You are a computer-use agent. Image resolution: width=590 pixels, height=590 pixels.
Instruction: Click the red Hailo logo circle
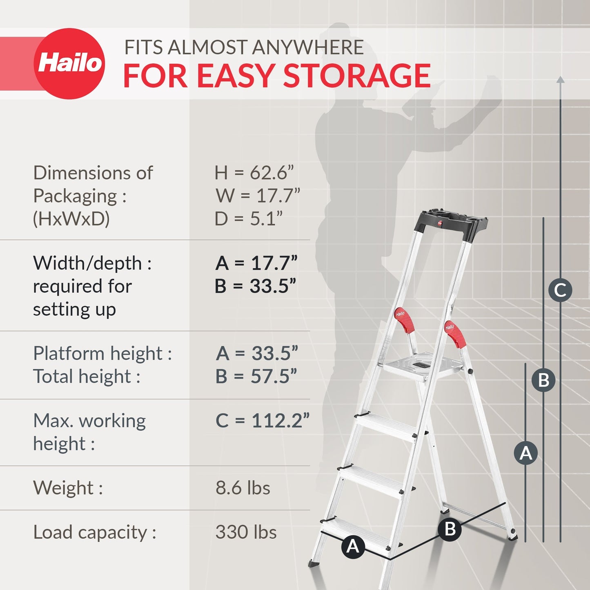tap(69, 63)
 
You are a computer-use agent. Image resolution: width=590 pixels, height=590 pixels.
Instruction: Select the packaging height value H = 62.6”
tap(254, 173)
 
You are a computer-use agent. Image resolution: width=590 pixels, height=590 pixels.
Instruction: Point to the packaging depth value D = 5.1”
tap(249, 219)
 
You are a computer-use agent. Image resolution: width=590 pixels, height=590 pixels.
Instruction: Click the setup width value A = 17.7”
tap(256, 263)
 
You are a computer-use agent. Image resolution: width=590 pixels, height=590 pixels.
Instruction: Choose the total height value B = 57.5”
tap(256, 376)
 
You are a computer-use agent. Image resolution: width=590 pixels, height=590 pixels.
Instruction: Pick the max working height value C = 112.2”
tap(263, 421)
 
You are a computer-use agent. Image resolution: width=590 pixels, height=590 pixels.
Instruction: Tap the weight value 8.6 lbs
tap(243, 488)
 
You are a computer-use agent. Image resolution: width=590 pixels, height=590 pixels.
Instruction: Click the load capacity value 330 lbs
tap(246, 532)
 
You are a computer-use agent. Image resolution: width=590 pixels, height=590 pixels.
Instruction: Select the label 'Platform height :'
tap(102, 354)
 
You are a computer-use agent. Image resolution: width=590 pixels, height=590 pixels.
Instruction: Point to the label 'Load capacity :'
tap(95, 532)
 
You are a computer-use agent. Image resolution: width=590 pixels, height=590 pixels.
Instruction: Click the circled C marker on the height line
tap(560, 290)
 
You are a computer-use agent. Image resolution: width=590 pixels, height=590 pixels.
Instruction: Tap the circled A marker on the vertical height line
tap(526, 453)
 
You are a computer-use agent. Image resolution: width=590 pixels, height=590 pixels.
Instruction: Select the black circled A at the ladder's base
tap(353, 546)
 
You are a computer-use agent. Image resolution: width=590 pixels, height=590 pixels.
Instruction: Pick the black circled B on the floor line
tap(450, 529)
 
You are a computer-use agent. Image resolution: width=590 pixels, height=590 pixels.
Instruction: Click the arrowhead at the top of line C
tap(561, 80)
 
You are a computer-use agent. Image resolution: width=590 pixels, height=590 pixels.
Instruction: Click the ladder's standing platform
tap(421, 365)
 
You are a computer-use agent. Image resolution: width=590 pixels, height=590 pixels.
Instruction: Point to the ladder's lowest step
tap(355, 533)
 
